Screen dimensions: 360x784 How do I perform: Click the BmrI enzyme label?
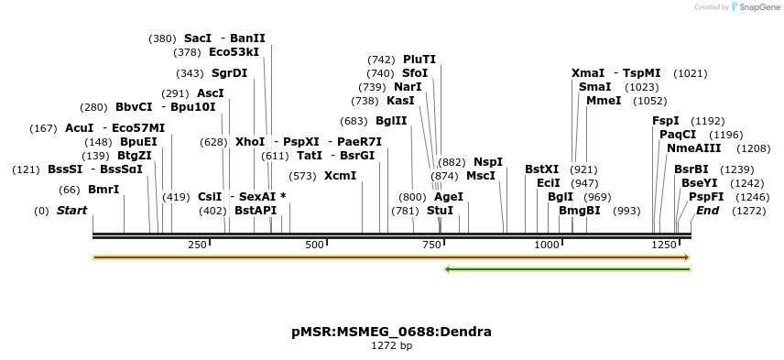click(103, 190)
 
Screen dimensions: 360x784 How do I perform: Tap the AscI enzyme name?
click(211, 93)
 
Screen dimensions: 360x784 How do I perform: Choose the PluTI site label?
click(419, 60)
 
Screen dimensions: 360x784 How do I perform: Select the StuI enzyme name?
click(440, 211)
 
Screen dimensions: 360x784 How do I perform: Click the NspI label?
click(488, 162)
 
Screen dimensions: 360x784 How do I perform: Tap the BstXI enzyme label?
click(541, 169)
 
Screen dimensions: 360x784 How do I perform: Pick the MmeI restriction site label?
click(603, 101)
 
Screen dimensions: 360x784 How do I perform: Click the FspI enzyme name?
click(666, 121)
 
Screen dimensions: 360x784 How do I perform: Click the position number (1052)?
click(650, 101)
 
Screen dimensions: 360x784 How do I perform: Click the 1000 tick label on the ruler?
click(547, 245)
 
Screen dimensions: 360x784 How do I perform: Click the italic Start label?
click(72, 211)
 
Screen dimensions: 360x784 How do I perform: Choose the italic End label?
click(708, 211)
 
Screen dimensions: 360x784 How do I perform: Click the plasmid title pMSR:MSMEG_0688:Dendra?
click(391, 332)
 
